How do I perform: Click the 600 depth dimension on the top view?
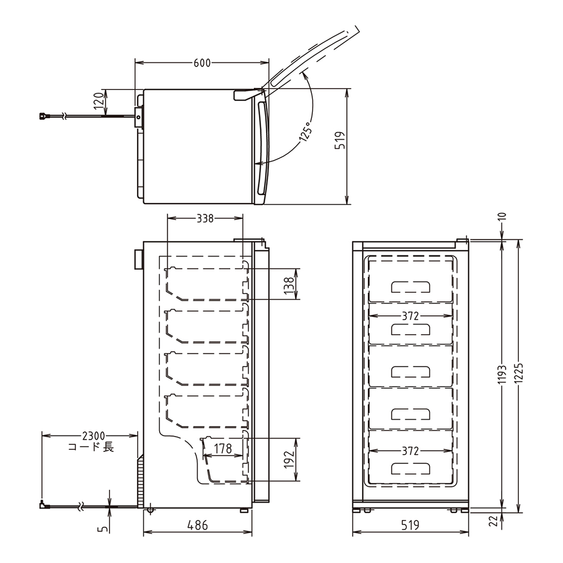click(202, 63)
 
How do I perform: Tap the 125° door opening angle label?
click(305, 133)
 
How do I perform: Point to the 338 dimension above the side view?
click(205, 218)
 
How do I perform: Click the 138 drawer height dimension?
click(289, 285)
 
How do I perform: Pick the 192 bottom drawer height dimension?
click(289, 459)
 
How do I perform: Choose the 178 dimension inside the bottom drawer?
click(223, 448)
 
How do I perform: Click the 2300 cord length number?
click(94, 436)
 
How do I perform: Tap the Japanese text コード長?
click(91, 447)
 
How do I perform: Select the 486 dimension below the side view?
click(198, 525)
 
